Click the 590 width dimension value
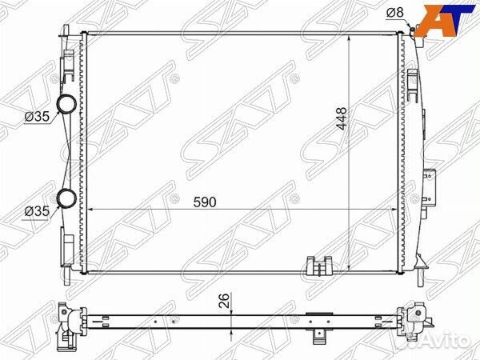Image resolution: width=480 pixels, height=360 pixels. click(x=205, y=202)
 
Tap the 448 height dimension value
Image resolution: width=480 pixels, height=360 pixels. click(x=341, y=118)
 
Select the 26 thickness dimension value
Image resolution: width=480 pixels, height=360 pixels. click(x=224, y=301)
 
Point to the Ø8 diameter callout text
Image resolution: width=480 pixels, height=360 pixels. click(x=395, y=13)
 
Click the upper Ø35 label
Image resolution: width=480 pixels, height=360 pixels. click(x=37, y=116)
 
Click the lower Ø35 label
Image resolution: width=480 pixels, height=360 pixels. click(x=37, y=211)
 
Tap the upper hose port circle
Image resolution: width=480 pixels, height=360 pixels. click(x=66, y=103)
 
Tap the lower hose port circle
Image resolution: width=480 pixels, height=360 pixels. click(x=66, y=198)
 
